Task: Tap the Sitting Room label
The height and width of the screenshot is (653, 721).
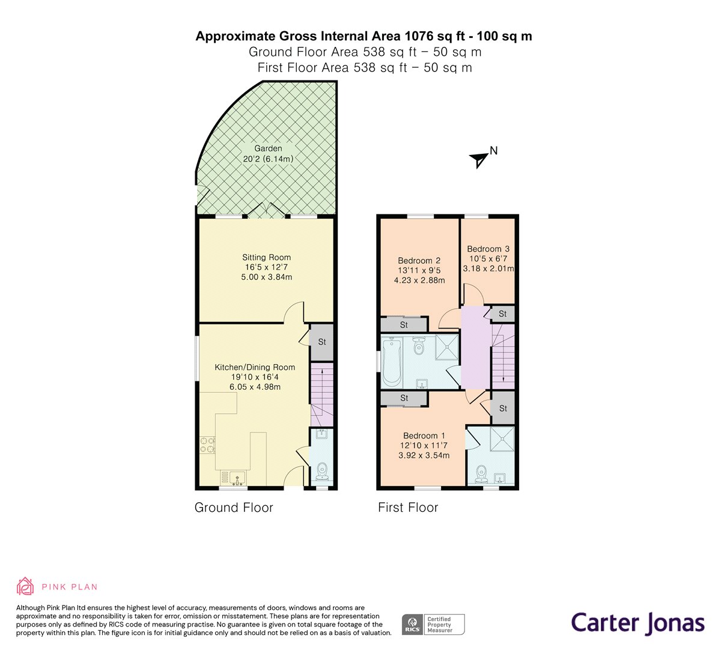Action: (x=266, y=257)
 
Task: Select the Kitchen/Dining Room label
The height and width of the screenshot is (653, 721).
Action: (x=255, y=367)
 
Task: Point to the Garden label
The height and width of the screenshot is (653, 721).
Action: (x=268, y=148)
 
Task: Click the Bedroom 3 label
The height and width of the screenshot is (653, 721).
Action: (x=488, y=249)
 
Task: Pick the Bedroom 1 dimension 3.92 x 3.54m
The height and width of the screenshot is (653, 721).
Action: (x=424, y=455)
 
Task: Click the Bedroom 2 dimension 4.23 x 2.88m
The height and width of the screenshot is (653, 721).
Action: (x=419, y=281)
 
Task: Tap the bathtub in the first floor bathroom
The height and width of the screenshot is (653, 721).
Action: (x=391, y=362)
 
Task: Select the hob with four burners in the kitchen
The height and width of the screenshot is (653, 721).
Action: (x=207, y=445)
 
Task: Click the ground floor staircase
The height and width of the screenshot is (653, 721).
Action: (x=322, y=395)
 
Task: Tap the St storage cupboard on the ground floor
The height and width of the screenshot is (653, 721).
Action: (x=322, y=342)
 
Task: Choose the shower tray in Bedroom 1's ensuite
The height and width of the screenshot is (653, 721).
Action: (x=502, y=439)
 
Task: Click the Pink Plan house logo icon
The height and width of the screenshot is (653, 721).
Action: (x=25, y=586)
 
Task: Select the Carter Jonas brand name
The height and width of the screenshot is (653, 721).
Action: (x=637, y=623)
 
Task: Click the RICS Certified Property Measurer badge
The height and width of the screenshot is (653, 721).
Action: (x=433, y=625)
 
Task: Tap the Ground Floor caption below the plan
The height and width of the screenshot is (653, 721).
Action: (x=234, y=508)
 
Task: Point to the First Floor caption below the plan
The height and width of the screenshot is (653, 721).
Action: (x=408, y=508)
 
